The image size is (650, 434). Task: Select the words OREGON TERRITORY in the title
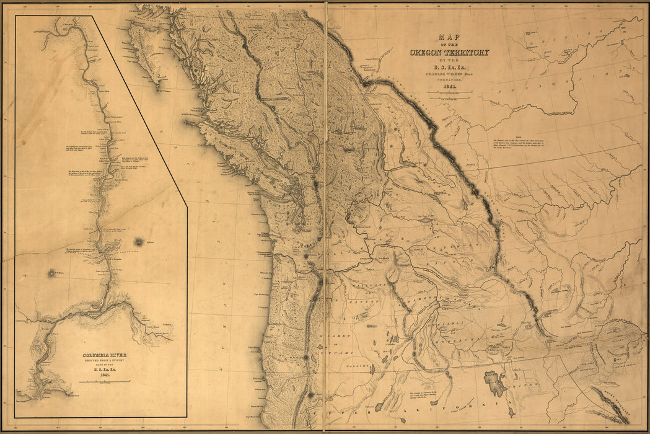click(449, 52)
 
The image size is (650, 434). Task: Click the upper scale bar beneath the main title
click(449, 94)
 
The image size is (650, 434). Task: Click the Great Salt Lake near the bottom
click(496, 384)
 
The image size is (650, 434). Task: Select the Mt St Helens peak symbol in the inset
click(51, 272)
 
